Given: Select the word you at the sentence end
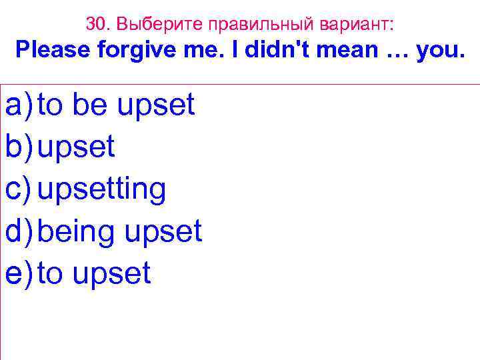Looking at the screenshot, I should (437, 52).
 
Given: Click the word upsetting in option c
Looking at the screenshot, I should (101, 189).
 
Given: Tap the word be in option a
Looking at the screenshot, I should (90, 105).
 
